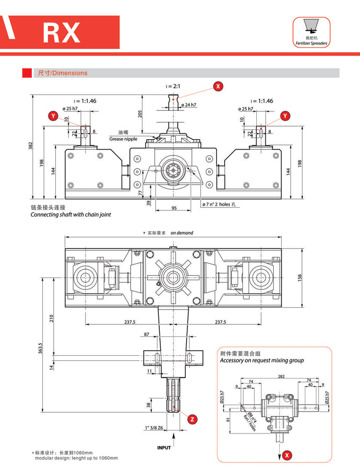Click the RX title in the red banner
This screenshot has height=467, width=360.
point(61,32)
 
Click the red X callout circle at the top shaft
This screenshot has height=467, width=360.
point(218,86)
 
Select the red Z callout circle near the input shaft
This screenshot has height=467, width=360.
point(192,419)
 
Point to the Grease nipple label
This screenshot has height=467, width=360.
point(123,139)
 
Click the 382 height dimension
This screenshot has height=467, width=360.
point(30,145)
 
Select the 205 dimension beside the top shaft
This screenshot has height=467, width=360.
point(140,114)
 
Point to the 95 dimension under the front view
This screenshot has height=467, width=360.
point(174,208)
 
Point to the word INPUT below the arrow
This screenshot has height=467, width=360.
point(164,448)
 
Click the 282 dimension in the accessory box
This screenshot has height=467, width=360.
point(281,377)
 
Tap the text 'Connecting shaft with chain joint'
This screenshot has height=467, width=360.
point(71,215)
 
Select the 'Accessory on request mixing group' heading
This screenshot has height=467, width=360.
point(262,360)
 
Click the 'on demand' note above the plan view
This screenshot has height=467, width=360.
point(182,233)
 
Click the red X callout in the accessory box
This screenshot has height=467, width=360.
point(287,455)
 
